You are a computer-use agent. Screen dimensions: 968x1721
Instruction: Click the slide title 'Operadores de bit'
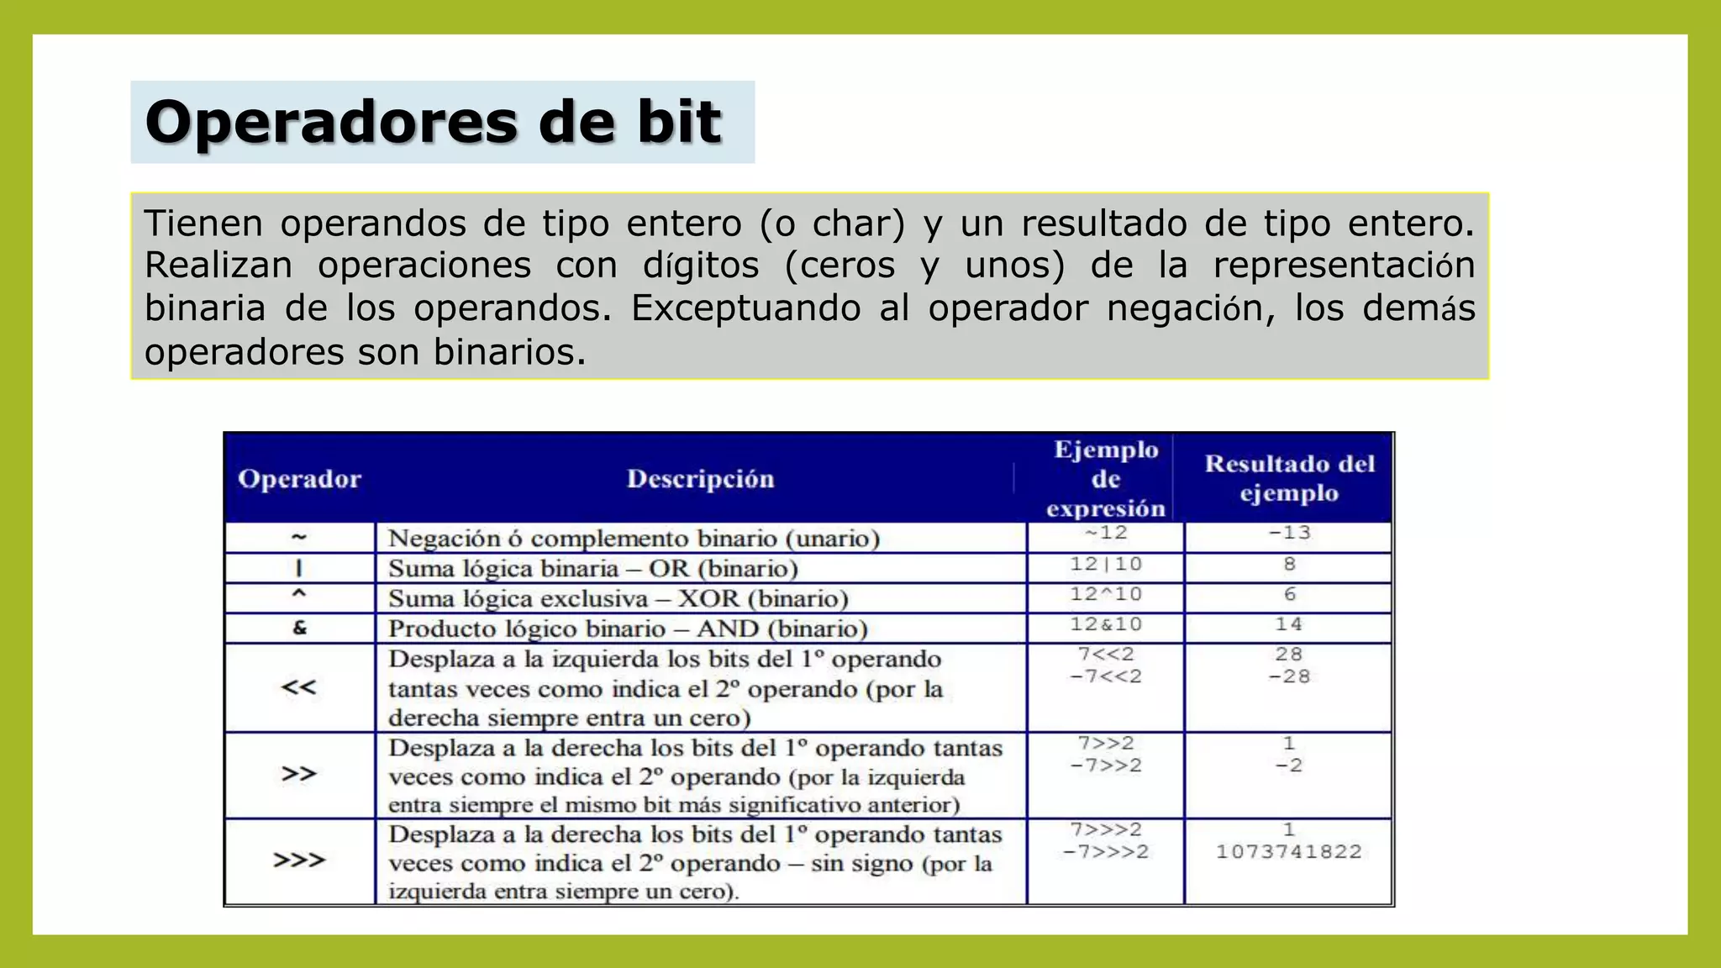pos(433,123)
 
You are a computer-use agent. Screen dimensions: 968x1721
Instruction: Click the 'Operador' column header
pos(299,479)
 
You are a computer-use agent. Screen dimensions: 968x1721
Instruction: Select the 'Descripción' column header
pos(700,479)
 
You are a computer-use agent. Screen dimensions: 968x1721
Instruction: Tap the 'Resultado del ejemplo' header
pos(1289,478)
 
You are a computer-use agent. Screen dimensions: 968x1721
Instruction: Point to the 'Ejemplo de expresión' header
pos(1106,479)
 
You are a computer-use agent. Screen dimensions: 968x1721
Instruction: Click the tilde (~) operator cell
pos(299,537)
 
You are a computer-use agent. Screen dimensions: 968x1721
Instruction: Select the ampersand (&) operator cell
pos(300,628)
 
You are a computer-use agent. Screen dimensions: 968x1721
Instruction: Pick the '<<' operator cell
pos(299,687)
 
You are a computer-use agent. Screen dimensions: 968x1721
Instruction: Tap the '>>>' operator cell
pos(299,860)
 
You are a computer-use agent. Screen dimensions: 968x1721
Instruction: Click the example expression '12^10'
pos(1106,594)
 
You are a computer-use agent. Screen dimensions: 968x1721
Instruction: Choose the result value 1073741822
pos(1289,852)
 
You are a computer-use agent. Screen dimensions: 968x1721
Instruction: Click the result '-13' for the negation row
pos(1289,533)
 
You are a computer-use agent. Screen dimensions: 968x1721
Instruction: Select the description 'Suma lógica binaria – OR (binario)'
pos(593,569)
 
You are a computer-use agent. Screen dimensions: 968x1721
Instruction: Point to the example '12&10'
pos(1106,624)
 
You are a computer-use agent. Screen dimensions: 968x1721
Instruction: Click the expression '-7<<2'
pos(1106,676)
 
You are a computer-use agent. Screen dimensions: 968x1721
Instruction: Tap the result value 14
pos(1289,624)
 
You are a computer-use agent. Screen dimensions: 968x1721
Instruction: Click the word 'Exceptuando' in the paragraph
pos(746,308)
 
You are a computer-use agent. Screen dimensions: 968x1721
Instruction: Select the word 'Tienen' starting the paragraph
pos(203,224)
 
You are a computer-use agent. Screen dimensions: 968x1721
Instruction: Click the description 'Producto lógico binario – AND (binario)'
pos(628,629)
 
